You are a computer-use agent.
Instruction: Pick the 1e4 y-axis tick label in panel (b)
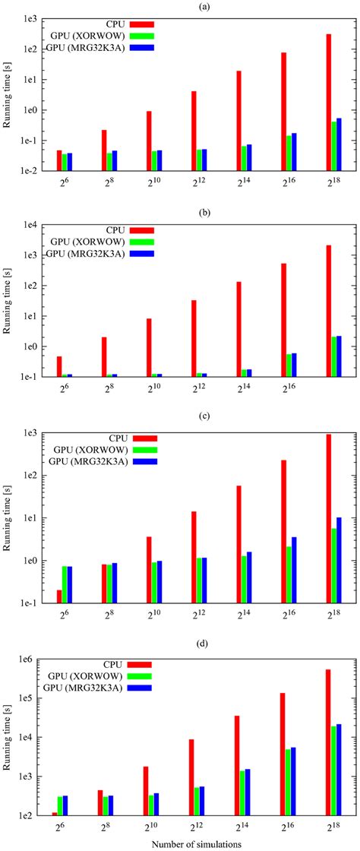point(30,225)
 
